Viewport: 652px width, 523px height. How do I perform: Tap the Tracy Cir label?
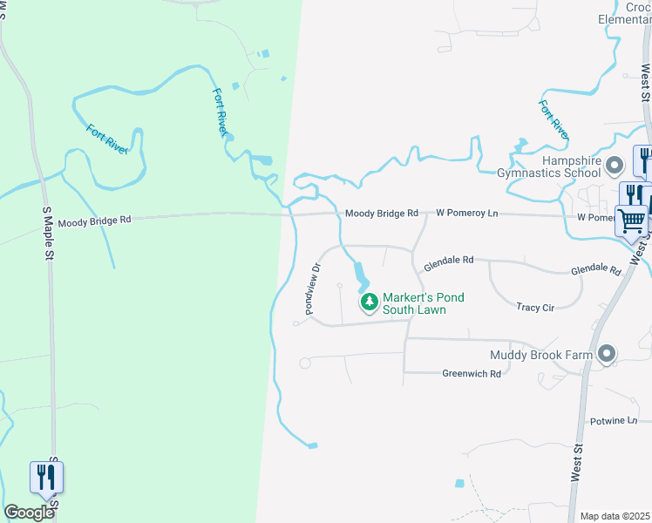[x=535, y=307]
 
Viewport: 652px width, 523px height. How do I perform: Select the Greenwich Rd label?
[x=472, y=373]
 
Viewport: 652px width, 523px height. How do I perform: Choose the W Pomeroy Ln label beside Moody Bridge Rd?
[x=466, y=213]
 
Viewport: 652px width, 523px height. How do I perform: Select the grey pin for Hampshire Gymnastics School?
[x=615, y=164]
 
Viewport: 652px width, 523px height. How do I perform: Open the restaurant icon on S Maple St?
[x=47, y=477]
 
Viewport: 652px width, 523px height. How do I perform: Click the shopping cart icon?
[x=631, y=220]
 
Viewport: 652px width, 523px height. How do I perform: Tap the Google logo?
[x=30, y=513]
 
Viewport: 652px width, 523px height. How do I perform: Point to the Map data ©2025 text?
[x=615, y=516]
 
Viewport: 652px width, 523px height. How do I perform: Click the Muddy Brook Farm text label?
[x=540, y=355]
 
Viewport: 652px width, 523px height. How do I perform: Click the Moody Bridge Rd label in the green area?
[x=94, y=221]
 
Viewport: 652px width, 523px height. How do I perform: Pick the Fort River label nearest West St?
[x=553, y=120]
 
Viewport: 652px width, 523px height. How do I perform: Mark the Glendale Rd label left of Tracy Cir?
[x=449, y=261]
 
